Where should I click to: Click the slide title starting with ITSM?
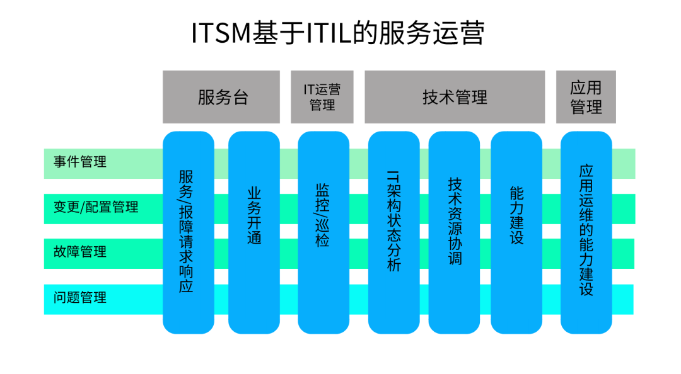pos(338,33)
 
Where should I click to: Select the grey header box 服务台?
pos(221,97)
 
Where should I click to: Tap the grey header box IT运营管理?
pos(322,97)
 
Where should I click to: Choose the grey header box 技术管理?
pos(455,97)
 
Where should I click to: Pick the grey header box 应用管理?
pos(586,97)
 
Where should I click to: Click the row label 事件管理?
pos(80,162)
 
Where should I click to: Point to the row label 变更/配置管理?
pos(96,207)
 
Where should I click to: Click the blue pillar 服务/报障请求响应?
pos(187,232)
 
